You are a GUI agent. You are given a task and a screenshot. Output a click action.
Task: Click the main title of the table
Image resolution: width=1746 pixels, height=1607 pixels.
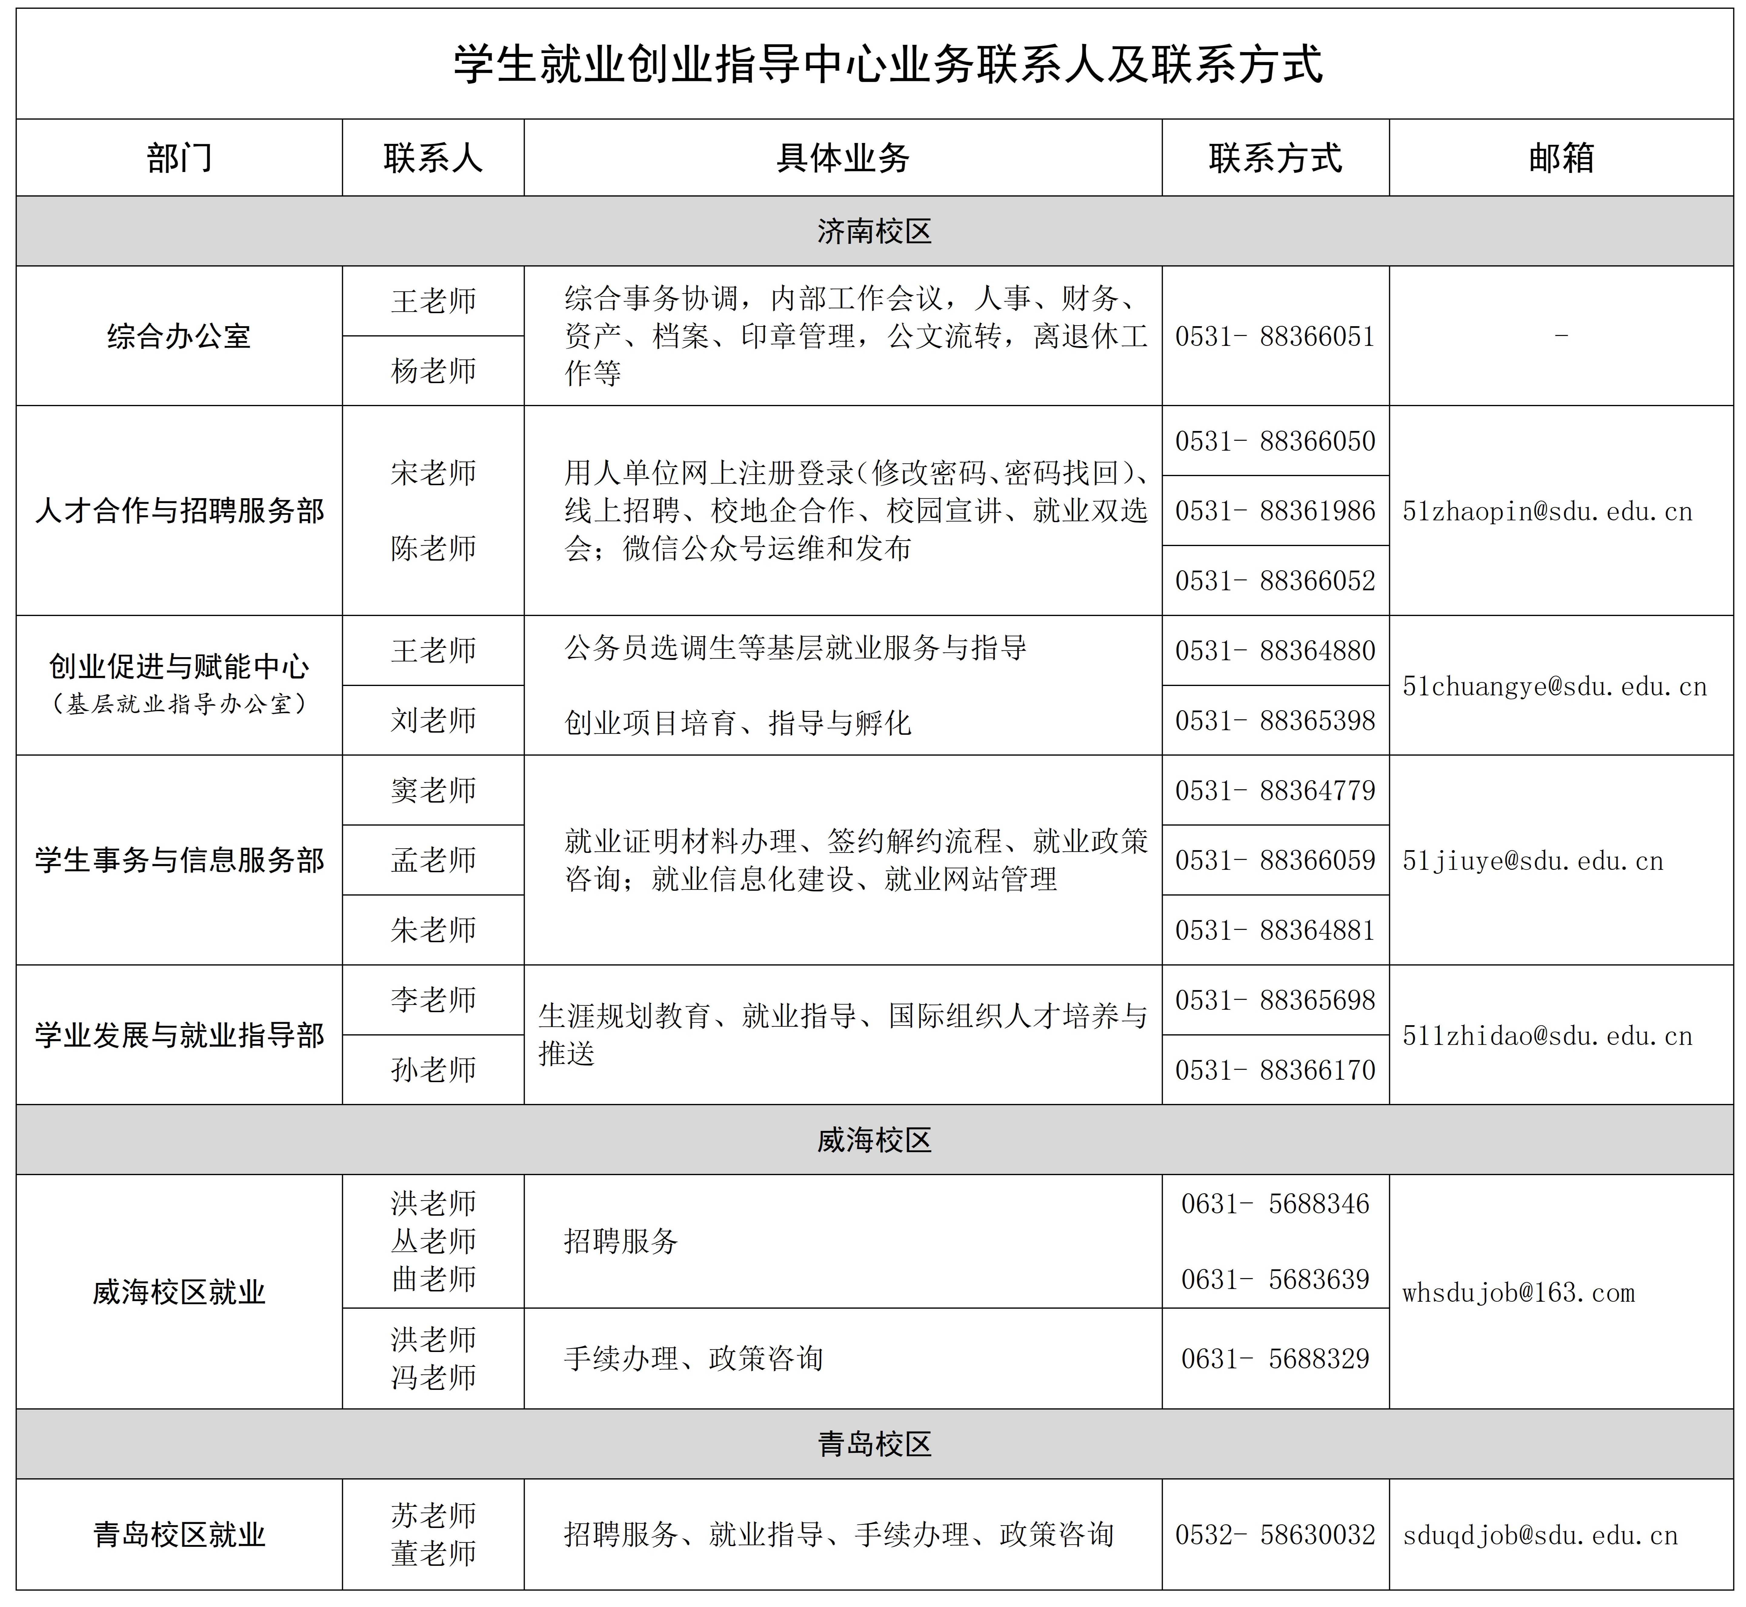point(887,64)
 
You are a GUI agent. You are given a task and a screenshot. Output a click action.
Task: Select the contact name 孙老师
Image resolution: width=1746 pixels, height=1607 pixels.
point(433,1070)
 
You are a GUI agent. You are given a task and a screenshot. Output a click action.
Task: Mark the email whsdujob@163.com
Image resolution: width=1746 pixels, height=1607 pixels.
point(1518,1293)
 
